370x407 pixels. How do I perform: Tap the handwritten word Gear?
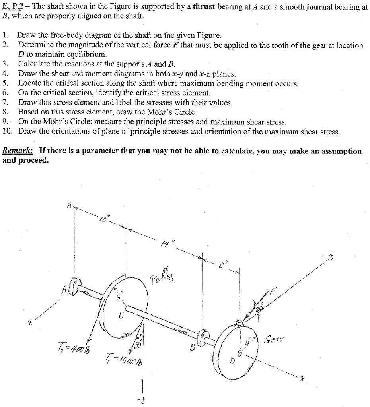(x=275, y=340)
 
